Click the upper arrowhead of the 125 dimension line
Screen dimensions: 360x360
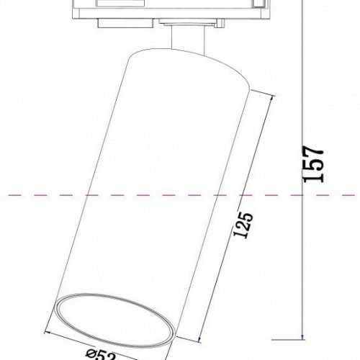pos(271,96)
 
